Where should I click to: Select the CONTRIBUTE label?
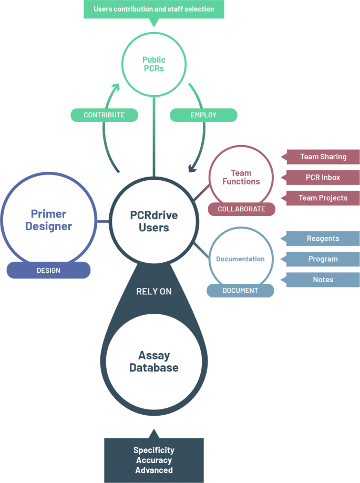(104, 115)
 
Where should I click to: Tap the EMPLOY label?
(204, 115)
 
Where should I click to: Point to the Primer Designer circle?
(48, 220)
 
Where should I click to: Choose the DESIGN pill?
(48, 271)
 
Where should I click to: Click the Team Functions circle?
(241, 178)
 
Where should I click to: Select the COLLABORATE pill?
(241, 209)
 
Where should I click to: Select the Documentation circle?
(240, 259)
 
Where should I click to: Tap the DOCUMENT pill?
(240, 291)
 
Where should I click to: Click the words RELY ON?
(153, 291)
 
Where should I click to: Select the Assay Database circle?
(153, 361)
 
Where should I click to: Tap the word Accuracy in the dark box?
(153, 460)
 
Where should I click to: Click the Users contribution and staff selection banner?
(153, 9)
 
